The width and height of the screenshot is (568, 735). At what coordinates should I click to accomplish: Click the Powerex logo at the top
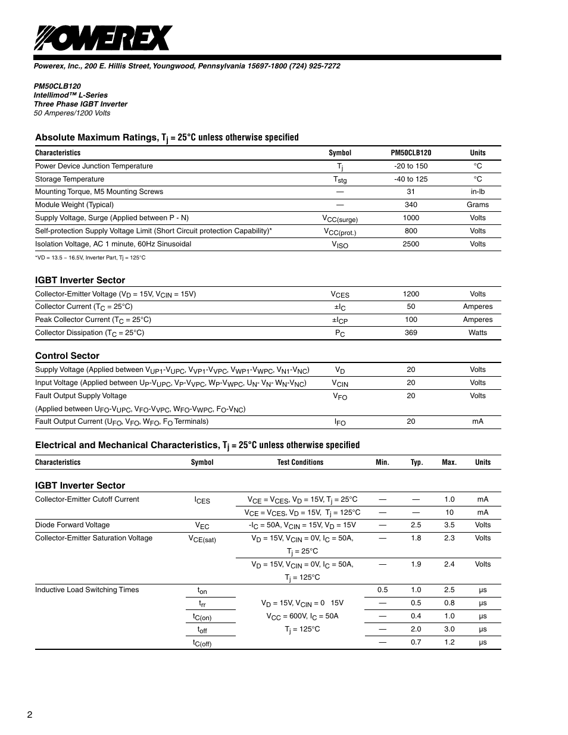[x=103, y=39]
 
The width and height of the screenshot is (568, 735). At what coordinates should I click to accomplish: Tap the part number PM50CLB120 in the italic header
[x=57, y=86]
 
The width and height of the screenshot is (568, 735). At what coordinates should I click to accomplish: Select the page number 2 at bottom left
[x=29, y=715]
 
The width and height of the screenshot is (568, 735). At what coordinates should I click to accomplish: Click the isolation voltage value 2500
[x=410, y=244]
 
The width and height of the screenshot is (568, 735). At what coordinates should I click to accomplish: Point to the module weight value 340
[x=410, y=205]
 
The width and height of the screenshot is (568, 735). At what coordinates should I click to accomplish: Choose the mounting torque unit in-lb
[x=478, y=192]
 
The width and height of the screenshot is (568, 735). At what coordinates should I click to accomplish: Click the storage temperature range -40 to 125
[x=410, y=179]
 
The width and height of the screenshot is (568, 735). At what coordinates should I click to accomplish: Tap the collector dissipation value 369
[x=410, y=333]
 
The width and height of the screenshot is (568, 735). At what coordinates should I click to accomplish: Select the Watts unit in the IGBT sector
[x=478, y=333]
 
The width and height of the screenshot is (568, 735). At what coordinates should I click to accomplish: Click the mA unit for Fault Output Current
[x=478, y=421]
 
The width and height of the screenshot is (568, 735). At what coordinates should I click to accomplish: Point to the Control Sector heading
[x=67, y=356]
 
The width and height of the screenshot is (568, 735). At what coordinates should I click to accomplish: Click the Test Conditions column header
[x=300, y=462]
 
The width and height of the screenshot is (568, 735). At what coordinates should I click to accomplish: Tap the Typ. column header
[x=416, y=462]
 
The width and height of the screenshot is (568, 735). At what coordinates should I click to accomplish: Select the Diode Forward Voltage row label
[x=72, y=525]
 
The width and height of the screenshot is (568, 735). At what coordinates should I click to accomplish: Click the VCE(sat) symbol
[x=202, y=539]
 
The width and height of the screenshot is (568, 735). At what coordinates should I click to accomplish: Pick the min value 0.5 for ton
[x=382, y=590]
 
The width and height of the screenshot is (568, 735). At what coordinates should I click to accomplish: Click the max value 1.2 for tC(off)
[x=449, y=642]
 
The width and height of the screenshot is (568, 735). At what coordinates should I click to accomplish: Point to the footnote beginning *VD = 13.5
[x=90, y=258]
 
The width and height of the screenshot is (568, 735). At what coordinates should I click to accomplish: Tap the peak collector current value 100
[x=410, y=320]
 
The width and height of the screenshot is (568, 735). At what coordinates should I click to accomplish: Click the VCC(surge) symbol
[x=340, y=218]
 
